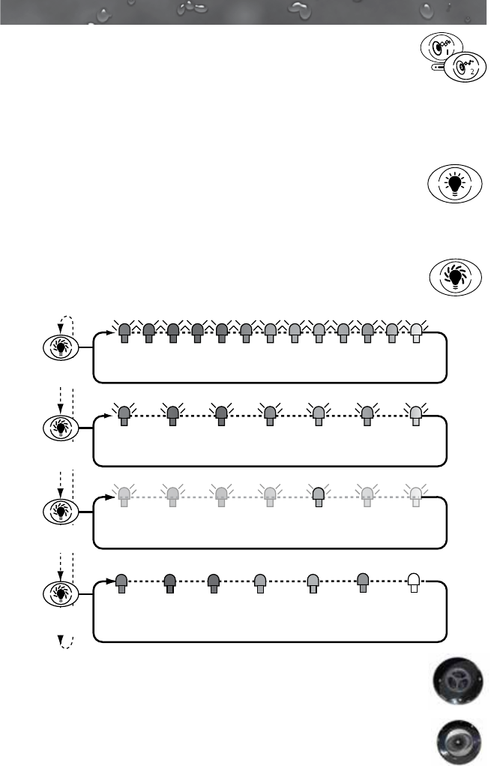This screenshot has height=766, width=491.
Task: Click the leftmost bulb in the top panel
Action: tap(125, 332)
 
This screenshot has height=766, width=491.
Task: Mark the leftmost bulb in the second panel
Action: tap(125, 415)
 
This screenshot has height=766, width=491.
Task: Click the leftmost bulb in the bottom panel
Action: tap(121, 582)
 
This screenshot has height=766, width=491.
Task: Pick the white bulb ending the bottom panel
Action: tap(413, 582)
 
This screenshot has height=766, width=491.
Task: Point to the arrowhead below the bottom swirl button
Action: tap(61, 640)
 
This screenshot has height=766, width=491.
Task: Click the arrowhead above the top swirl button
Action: tap(61, 327)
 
